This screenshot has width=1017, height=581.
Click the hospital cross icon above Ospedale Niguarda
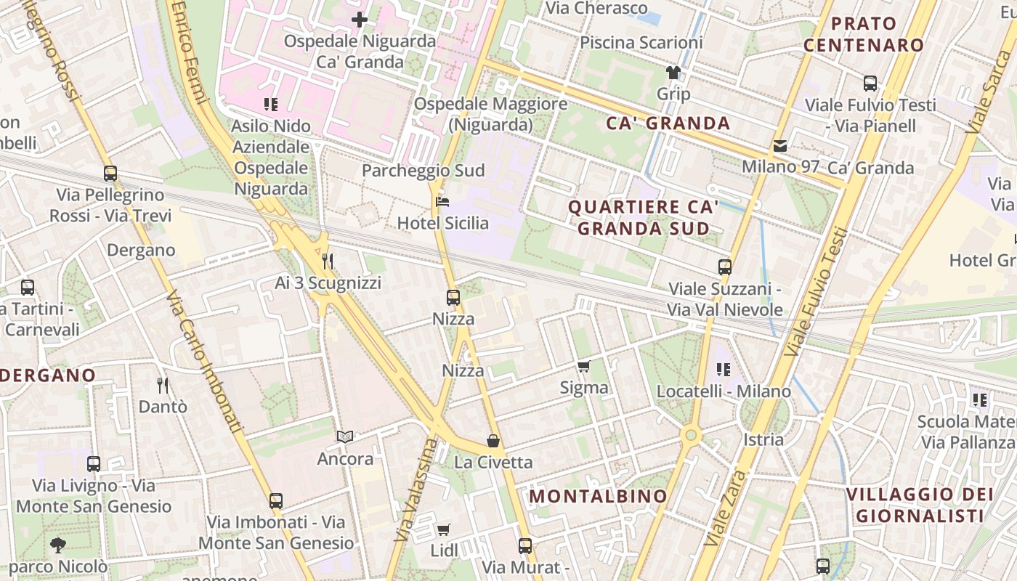pos(359,20)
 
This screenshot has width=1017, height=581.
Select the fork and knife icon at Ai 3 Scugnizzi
pos(328,261)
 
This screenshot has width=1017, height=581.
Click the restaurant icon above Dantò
pos(163,385)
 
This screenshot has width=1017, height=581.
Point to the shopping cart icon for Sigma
pos(583,366)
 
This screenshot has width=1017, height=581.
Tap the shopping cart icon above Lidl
pos(444,529)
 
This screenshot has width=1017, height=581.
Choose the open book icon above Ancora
pos(345,436)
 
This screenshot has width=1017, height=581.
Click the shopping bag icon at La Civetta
pos(493,441)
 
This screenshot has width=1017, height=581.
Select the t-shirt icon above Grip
pos(673,73)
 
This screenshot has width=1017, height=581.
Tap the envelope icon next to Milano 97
pos(780,146)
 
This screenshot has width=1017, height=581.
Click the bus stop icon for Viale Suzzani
pos(724,267)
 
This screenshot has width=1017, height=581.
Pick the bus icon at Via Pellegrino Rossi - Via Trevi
pos(110,174)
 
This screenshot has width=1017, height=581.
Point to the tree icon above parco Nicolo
pos(58,545)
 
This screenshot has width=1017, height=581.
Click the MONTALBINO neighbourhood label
pos(598,497)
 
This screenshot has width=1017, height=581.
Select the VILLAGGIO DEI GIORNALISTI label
pos(920,505)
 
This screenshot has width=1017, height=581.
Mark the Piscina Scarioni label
pos(641,43)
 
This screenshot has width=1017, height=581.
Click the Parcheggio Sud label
pos(423,171)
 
